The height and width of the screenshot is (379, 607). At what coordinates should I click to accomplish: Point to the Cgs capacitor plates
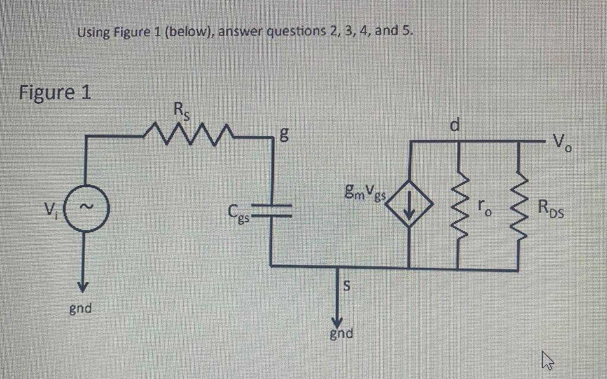[272, 207]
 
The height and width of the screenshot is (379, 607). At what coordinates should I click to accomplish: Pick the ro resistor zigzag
[459, 205]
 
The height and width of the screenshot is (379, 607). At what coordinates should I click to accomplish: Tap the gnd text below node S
[341, 334]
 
